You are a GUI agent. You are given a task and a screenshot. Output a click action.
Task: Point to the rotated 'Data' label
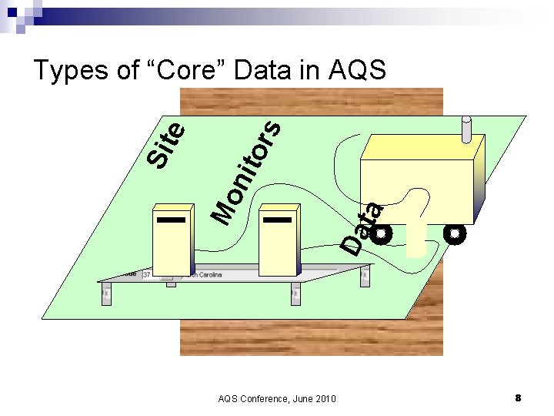[362, 228]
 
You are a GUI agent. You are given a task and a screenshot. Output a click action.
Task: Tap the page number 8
[518, 398]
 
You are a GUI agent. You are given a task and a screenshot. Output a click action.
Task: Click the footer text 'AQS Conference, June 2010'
[277, 398]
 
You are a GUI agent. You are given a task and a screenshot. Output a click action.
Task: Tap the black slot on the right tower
[277, 220]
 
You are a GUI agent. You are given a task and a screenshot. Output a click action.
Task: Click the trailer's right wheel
[455, 233]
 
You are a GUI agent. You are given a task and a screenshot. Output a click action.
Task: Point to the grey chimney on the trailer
[466, 129]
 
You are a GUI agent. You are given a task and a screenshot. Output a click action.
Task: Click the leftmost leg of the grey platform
[106, 293]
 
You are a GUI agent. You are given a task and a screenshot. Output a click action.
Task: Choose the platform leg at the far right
[363, 272]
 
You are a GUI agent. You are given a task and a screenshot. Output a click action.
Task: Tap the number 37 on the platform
[146, 274]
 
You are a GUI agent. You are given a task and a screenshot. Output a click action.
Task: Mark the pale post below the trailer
[416, 235]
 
